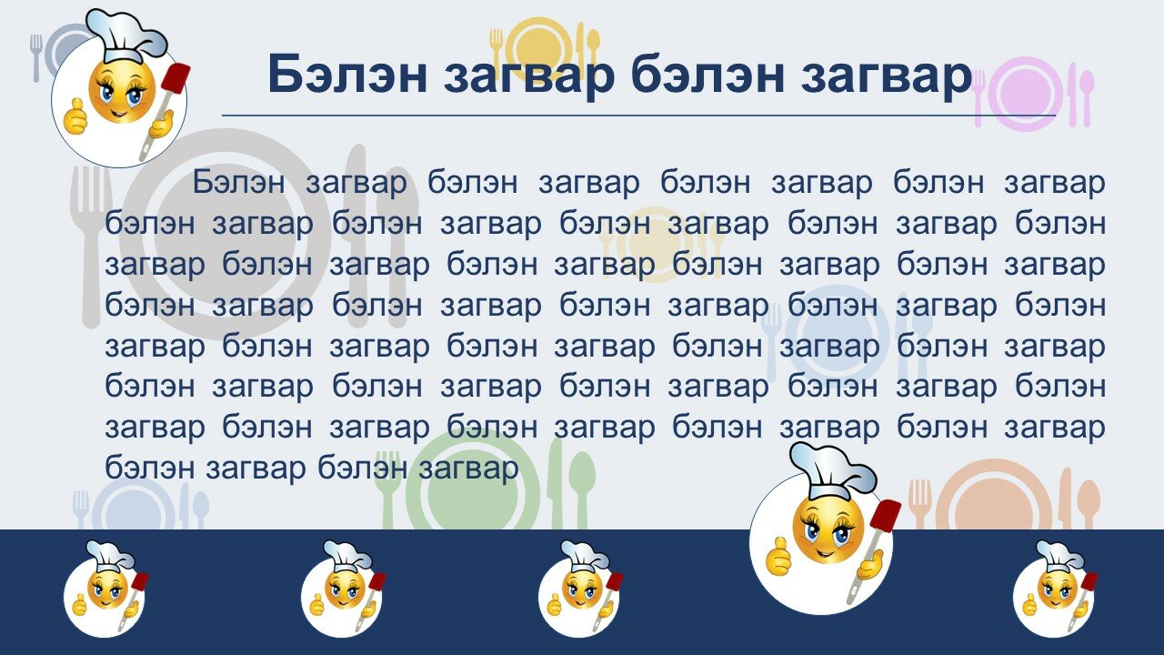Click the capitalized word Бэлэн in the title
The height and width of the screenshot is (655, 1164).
click(347, 74)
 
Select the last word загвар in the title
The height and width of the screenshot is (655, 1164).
click(886, 77)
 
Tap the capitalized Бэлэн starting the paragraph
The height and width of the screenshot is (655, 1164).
click(238, 182)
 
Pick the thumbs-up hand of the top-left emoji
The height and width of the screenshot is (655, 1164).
click(75, 116)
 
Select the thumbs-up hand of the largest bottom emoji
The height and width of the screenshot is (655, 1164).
click(778, 556)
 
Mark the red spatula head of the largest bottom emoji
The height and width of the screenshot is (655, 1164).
click(885, 515)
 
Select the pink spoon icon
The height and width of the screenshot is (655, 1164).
click(1086, 96)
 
